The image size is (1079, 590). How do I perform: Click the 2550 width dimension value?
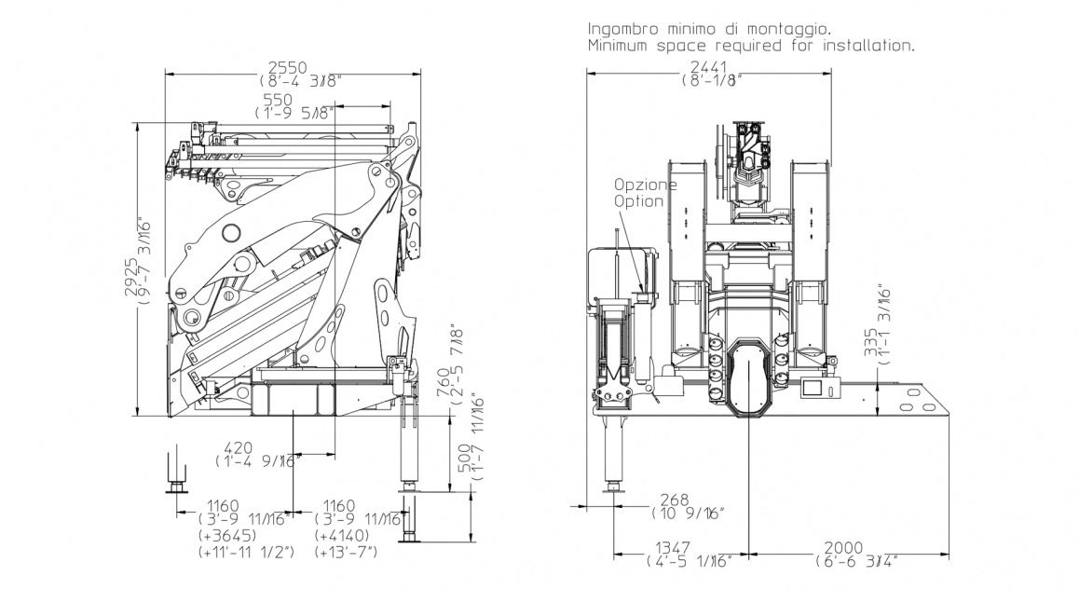(x=290, y=66)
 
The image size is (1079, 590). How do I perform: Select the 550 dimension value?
(x=278, y=99)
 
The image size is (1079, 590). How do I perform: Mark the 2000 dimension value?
(x=846, y=547)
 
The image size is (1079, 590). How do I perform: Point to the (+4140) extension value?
(x=345, y=536)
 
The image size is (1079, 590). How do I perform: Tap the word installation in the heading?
(x=867, y=45)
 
